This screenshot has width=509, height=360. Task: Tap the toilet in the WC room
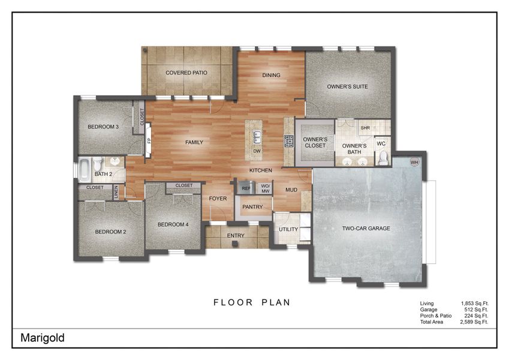(x=382, y=157)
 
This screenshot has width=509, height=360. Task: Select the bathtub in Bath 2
(x=85, y=169)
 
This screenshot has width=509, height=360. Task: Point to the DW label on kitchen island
(x=256, y=151)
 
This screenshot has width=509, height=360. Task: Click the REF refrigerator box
(x=245, y=188)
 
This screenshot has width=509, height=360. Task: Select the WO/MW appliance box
(x=264, y=188)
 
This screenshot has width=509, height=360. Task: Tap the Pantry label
(x=252, y=207)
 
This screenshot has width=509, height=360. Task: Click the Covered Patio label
(x=186, y=73)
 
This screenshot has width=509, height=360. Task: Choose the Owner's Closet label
(x=315, y=142)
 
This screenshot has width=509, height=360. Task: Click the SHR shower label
(x=365, y=128)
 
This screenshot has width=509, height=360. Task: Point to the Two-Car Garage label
(x=366, y=229)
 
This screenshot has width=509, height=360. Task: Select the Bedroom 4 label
(x=173, y=224)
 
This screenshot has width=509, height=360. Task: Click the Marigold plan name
(x=43, y=338)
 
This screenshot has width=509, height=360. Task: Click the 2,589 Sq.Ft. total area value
(x=474, y=322)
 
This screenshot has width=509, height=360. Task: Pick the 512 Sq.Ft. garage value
(x=477, y=310)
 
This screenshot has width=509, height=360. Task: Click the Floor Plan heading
(x=252, y=302)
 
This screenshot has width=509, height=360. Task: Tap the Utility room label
(x=288, y=230)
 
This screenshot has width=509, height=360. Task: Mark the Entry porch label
(x=236, y=236)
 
